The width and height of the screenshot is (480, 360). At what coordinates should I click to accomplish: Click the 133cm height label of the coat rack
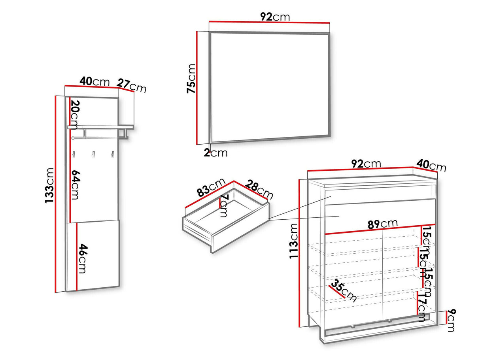coord(49,185)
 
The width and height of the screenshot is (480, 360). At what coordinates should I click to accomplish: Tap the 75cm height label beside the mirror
coord(191,79)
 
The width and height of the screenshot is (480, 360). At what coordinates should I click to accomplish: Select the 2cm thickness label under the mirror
coord(215,153)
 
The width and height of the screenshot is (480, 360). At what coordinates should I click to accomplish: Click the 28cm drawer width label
coord(259,190)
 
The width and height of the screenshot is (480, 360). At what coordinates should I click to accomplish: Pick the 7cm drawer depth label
coord(223,205)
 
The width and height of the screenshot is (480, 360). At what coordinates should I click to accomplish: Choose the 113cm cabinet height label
coord(294,241)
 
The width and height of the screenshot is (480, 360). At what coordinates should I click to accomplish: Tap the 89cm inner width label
coord(382,224)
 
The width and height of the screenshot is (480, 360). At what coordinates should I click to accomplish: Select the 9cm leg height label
coord(451,320)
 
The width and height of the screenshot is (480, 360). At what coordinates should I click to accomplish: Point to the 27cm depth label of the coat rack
coord(131,86)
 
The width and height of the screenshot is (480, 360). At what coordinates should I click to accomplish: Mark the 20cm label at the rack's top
coord(75,115)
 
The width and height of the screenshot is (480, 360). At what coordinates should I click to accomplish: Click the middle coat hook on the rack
coord(93,155)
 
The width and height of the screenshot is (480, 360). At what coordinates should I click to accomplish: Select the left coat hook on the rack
coord(74,155)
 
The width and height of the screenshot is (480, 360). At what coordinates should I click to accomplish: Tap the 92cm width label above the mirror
coord(275,17)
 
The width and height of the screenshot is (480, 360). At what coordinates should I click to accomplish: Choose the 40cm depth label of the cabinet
coord(431,166)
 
